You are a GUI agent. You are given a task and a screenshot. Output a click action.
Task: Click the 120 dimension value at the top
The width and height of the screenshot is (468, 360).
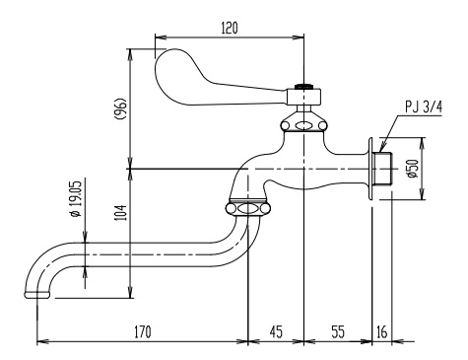(x=230, y=29)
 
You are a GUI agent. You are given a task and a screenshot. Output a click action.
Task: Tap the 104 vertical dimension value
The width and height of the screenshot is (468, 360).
(x=121, y=212)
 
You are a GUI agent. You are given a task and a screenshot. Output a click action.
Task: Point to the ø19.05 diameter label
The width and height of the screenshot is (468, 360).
(x=76, y=199)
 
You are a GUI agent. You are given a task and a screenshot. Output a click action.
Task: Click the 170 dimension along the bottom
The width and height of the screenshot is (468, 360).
(x=143, y=331)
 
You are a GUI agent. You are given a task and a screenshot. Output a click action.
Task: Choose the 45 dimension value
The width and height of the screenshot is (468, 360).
(x=276, y=331)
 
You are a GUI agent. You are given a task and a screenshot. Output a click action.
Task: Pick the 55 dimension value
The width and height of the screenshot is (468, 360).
(x=338, y=331)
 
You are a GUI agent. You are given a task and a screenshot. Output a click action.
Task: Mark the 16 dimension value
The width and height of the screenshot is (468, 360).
(x=381, y=331)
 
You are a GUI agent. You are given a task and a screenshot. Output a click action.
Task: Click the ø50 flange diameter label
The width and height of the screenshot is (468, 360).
(x=414, y=169)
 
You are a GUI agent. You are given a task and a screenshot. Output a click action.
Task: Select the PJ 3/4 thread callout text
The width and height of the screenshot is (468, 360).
(x=424, y=108)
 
